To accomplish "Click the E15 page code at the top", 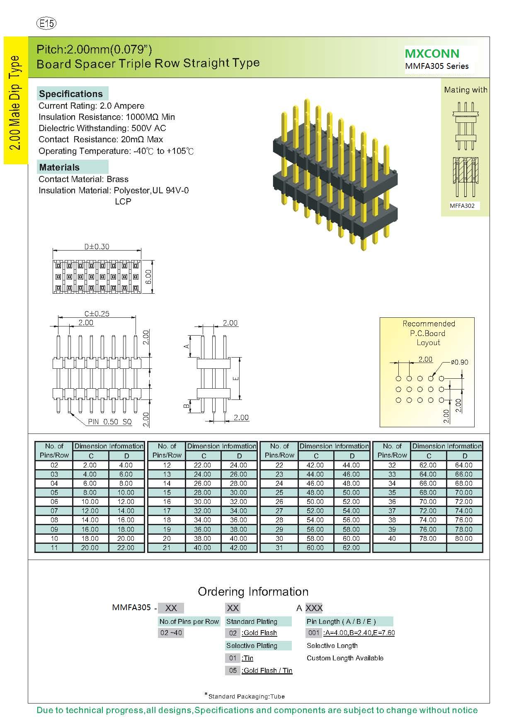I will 46,24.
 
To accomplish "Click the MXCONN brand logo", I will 432,54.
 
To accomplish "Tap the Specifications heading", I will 71,94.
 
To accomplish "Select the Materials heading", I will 59,167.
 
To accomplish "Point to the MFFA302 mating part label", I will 462,206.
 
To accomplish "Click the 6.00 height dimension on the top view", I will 149,277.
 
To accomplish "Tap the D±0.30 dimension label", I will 97,246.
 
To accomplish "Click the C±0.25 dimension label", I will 97,314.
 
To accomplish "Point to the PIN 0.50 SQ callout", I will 109,422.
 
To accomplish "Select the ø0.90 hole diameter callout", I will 459,362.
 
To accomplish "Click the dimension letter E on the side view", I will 236,378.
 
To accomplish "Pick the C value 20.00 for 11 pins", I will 90,548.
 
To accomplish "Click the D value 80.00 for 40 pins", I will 463,538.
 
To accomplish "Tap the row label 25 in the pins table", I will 279,492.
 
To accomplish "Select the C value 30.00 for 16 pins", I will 202,502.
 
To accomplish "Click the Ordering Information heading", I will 253,592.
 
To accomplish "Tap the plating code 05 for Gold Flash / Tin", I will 233,670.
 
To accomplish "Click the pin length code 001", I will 314,633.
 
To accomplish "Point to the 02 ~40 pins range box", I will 171,633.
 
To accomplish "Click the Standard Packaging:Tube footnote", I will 246,696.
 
